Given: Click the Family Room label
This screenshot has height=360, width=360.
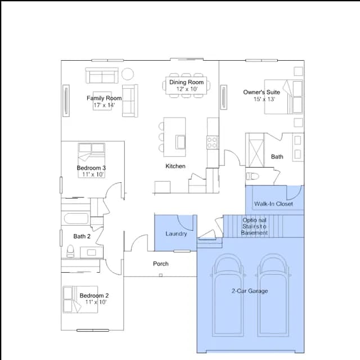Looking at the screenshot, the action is (x=104, y=98).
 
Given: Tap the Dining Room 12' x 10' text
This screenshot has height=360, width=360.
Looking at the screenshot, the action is (x=186, y=85).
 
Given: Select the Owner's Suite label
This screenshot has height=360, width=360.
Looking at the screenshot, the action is (x=262, y=92).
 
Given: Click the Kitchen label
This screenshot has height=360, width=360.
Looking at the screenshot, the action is (x=175, y=166).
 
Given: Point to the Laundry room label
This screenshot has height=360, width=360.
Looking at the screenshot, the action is (x=176, y=234).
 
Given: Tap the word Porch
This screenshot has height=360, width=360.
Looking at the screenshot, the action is (x=161, y=264).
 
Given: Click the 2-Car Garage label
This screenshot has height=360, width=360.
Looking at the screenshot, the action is (x=250, y=291).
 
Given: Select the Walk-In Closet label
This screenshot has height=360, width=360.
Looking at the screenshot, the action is (x=273, y=204).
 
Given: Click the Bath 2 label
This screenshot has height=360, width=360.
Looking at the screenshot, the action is (x=82, y=236).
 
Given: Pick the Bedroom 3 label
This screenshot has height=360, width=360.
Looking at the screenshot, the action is (x=91, y=168).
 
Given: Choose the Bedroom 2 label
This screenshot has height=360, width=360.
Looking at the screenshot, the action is (x=94, y=295).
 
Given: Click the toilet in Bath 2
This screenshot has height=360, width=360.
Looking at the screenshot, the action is (x=70, y=251).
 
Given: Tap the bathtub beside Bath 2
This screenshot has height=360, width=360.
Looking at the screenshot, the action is (x=76, y=218).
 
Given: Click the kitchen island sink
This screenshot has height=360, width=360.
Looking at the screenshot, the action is (x=181, y=142).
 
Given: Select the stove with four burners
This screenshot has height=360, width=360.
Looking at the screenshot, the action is (x=213, y=142).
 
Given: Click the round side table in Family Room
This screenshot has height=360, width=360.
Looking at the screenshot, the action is (x=128, y=74).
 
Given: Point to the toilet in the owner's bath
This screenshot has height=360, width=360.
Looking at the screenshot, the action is (x=253, y=176).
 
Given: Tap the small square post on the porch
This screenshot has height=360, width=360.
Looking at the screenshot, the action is (x=161, y=275).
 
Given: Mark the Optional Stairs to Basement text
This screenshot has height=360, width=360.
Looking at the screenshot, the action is (x=254, y=226).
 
